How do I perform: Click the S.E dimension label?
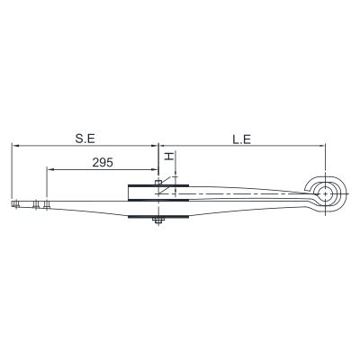pyautogui.click(x=85, y=139)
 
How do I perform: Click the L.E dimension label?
pyautogui.click(x=242, y=139)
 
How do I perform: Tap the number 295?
pyautogui.click(x=103, y=163)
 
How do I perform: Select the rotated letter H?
pyautogui.click(x=170, y=156)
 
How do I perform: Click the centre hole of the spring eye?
pyautogui.click(x=325, y=193)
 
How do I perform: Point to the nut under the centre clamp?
pyautogui.click(x=157, y=221)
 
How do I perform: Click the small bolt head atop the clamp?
pyautogui.click(x=158, y=182)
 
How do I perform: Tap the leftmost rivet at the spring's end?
pyautogui.click(x=15, y=204)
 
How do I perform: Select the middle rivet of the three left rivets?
pyautogui.click(x=36, y=204)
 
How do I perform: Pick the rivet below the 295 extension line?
pyautogui.click(x=47, y=204)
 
